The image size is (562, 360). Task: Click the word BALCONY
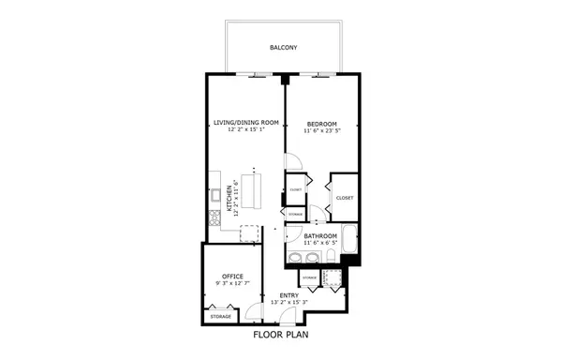click(x=283, y=47)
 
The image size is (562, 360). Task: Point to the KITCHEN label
click(x=229, y=199)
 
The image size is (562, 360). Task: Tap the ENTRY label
click(x=289, y=295)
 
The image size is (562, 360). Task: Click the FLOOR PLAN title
click(x=282, y=334)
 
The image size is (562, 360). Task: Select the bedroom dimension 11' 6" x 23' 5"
click(x=322, y=130)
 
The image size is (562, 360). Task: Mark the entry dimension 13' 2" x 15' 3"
click(x=289, y=303)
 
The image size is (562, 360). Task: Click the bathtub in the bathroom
click(x=349, y=240)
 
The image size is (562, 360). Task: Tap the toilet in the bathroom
click(x=331, y=257)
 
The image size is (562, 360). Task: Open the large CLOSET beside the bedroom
click(x=344, y=198)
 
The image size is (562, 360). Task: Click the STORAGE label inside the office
click(x=221, y=316)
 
